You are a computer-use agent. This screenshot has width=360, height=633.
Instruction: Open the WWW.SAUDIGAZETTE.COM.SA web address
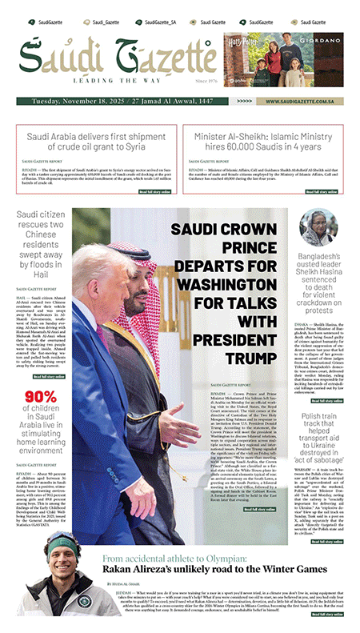coord(295,102)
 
